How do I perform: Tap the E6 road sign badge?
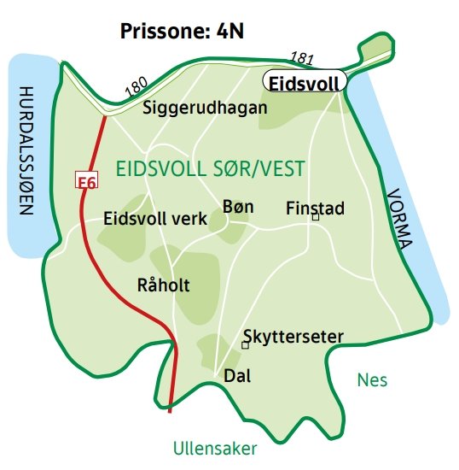tap(86, 181)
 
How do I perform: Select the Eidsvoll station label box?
tap(303, 83)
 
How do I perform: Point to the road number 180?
tap(137, 87)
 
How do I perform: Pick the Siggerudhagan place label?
tap(205, 109)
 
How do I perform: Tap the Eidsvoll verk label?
tap(154, 220)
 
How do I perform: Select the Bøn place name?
tap(237, 207)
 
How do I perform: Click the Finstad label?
tap(315, 208)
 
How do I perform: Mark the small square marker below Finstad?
tap(315, 218)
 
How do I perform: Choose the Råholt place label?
tap(163, 285)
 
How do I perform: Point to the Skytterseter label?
tap(293, 337)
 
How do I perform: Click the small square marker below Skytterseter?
tap(245, 345)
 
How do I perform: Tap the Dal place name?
tap(236, 375)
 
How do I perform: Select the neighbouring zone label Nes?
tap(372, 379)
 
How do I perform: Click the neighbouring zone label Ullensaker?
tap(214, 448)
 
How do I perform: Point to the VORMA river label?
tap(398, 218)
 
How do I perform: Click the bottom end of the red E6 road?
tap(171, 410)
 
